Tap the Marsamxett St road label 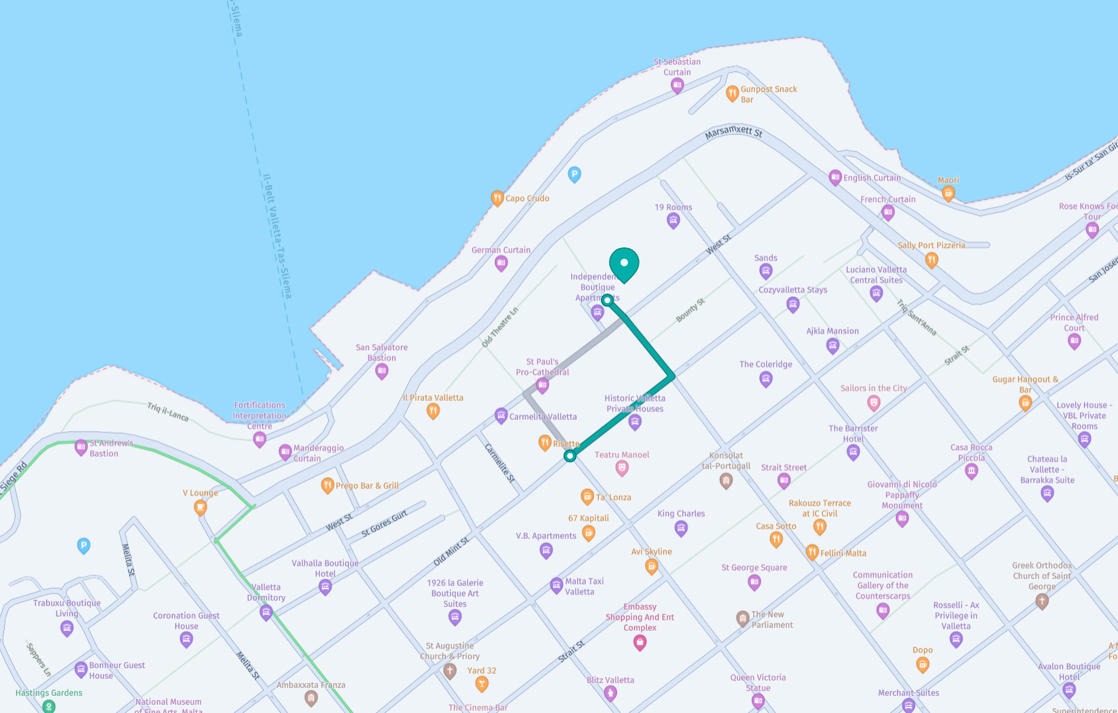pyautogui.click(x=733, y=132)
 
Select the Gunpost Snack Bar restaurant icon pyautogui.click(x=732, y=93)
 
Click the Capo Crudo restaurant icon pyautogui.click(x=497, y=198)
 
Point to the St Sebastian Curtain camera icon pyautogui.click(x=677, y=86)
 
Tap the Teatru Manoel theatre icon pyautogui.click(x=621, y=468)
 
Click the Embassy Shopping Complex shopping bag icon pyautogui.click(x=640, y=642)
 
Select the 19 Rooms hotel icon pyautogui.click(x=673, y=220)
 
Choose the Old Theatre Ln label pyautogui.click(x=500, y=327)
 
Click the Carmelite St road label pyautogui.click(x=500, y=464)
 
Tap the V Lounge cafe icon pyautogui.click(x=200, y=507)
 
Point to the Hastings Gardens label pyautogui.click(x=49, y=693)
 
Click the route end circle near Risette pyautogui.click(x=570, y=456)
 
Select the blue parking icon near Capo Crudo pyautogui.click(x=574, y=175)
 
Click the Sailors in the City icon pyautogui.click(x=873, y=402)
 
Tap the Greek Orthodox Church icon pyautogui.click(x=1041, y=601)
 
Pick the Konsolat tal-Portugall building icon pyautogui.click(x=726, y=481)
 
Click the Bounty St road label pyautogui.click(x=691, y=310)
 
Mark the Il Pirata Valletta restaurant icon pyautogui.click(x=433, y=411)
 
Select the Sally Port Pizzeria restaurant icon pyautogui.click(x=932, y=259)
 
